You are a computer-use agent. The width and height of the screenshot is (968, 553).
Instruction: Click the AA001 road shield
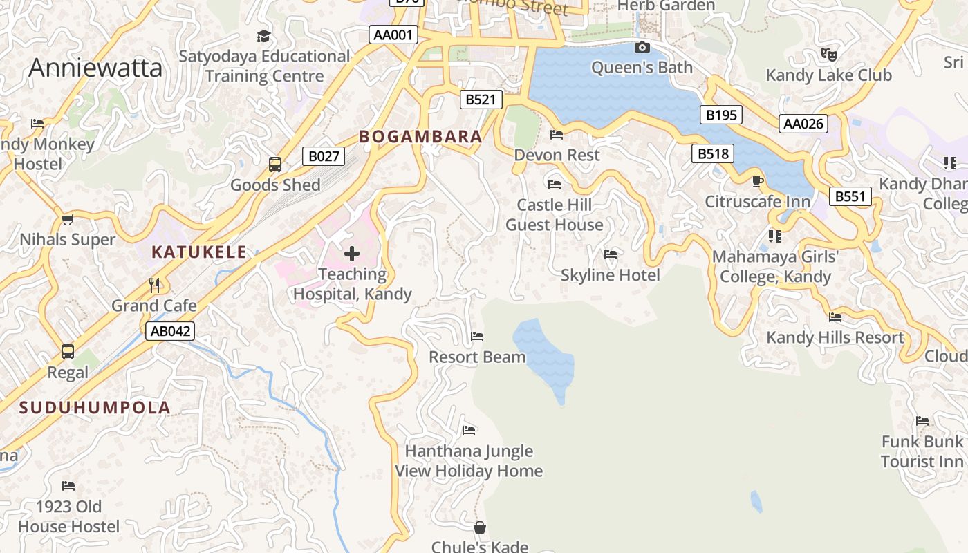coord(393,35)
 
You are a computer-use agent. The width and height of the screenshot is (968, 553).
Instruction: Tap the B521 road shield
coord(481,100)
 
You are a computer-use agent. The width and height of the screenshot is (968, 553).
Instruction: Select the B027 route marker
coord(324,156)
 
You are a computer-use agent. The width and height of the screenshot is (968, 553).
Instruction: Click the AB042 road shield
coord(170,331)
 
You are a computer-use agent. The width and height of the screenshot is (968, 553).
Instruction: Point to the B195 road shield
coord(721,115)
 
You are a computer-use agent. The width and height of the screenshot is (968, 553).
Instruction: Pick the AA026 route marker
coord(803,124)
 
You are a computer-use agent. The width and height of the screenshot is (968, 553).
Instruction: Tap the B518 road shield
coord(713,153)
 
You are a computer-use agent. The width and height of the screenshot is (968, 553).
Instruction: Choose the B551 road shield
coord(850,196)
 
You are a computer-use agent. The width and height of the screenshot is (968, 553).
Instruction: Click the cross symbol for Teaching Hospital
coord(352,254)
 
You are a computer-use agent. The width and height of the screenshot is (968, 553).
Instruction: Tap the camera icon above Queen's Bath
coord(642,48)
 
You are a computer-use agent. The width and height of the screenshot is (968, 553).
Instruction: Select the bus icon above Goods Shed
coord(275,165)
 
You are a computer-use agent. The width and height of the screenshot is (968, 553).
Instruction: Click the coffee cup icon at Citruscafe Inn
coord(757,182)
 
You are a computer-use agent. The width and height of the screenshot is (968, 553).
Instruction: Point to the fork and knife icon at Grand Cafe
coord(154,285)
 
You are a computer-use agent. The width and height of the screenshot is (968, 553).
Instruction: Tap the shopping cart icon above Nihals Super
coord(67,220)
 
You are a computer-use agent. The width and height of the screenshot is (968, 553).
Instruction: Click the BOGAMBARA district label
coord(420,136)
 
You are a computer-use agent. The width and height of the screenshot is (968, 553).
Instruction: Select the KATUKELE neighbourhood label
coord(199,252)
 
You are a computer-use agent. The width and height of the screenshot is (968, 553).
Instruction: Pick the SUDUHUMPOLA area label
coord(95,407)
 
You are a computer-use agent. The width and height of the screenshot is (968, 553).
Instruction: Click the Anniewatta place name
coord(95,68)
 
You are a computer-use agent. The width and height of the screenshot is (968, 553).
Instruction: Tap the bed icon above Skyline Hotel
coord(610,254)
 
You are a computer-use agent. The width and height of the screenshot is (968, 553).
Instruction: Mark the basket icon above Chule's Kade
coord(480,528)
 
